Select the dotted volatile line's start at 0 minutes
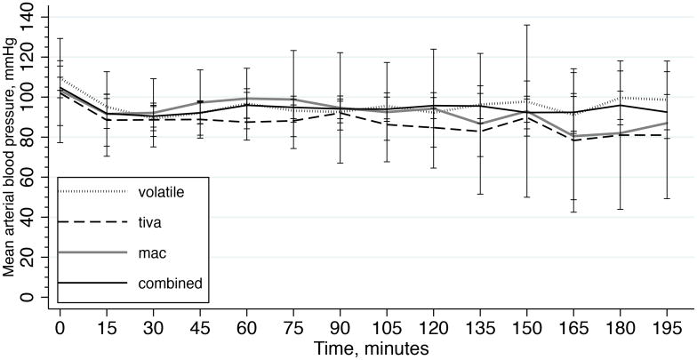60,78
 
